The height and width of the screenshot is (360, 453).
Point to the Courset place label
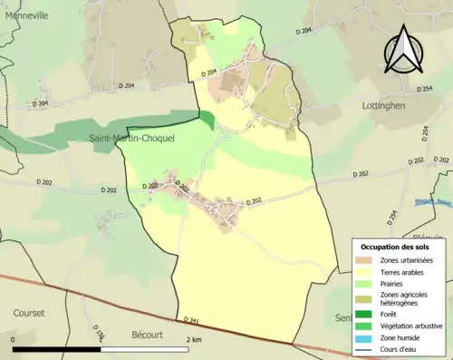click(x=28, y=312)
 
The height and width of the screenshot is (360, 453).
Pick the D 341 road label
click(x=190, y=319)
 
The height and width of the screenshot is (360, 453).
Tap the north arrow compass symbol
click(x=405, y=50)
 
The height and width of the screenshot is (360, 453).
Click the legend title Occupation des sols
click(x=395, y=247)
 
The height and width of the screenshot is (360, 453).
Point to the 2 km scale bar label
click(x=194, y=339)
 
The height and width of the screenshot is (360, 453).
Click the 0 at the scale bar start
click(x=14, y=339)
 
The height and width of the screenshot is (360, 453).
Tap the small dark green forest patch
click(x=207, y=121)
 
